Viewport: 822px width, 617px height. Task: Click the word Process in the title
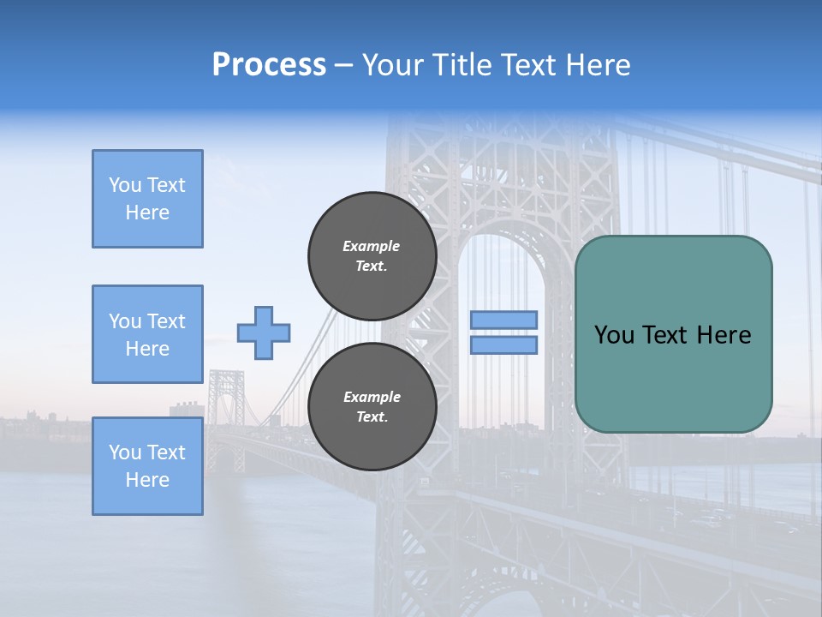[269, 65]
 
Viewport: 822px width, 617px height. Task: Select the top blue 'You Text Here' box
[147, 199]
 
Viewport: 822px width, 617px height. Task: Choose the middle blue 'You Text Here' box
[147, 334]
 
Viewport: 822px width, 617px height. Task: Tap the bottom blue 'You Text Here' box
[147, 465]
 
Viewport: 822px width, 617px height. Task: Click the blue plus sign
[264, 332]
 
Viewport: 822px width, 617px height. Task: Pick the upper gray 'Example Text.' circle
[372, 256]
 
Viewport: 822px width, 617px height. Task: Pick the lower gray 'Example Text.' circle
[372, 407]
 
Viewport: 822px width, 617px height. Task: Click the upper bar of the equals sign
[503, 320]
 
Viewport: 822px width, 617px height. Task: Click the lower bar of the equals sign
[503, 345]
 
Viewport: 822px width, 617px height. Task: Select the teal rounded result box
[673, 334]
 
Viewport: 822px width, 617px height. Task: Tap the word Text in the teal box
[667, 335]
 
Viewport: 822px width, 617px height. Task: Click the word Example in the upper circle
[372, 246]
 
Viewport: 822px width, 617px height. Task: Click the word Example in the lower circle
[372, 397]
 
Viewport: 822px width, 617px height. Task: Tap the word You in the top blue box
[125, 185]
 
